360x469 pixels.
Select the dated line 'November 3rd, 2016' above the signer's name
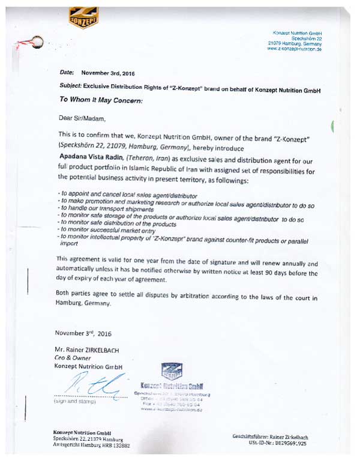(83, 333)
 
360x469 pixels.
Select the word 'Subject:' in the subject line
(71, 87)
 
